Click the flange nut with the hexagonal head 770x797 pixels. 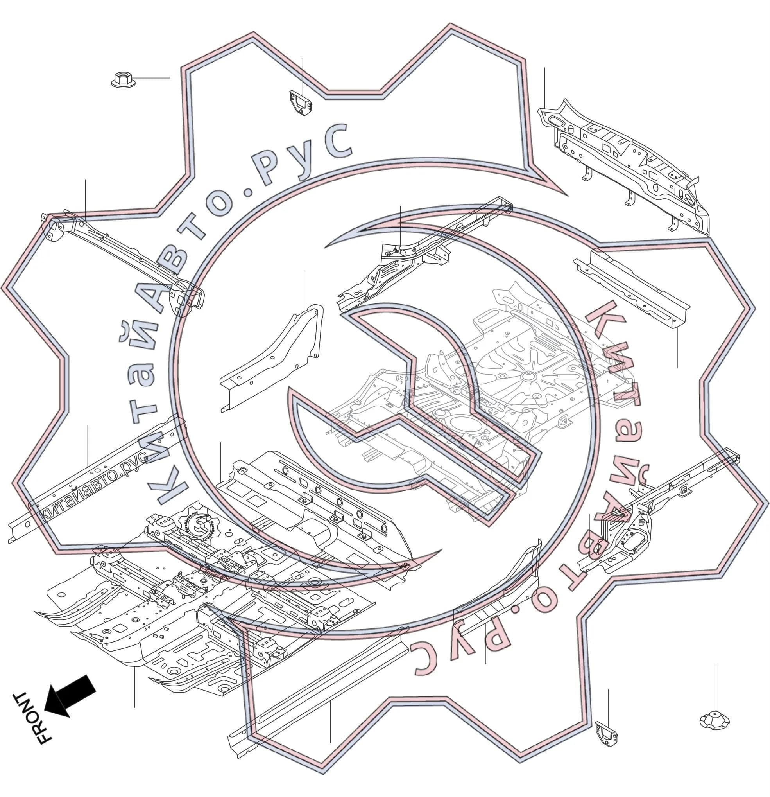123,79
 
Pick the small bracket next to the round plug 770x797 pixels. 606,734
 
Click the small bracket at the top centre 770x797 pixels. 301,103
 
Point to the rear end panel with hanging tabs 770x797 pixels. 624,167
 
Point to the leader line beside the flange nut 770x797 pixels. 153,78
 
